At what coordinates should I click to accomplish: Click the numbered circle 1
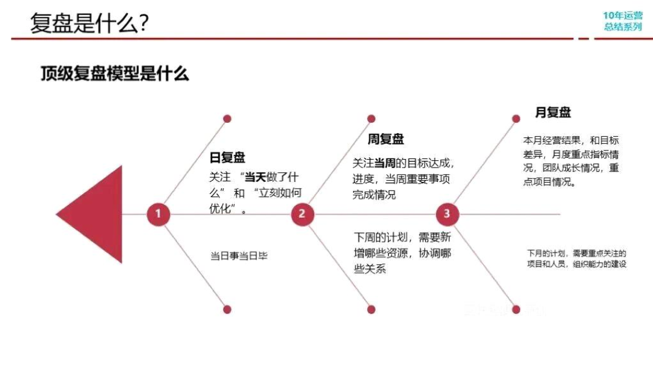click(158, 214)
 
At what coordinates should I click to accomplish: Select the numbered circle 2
click(302, 214)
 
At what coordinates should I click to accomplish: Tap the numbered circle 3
click(447, 214)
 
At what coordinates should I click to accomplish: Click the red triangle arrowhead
click(97, 214)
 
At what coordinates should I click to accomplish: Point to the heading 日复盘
click(227, 158)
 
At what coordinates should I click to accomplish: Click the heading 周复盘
click(386, 140)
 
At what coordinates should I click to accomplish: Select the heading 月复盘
click(553, 112)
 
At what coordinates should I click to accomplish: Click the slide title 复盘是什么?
click(90, 24)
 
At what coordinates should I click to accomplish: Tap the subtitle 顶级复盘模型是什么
click(114, 74)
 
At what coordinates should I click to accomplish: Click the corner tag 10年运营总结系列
click(622, 21)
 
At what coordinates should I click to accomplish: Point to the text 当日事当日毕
click(239, 256)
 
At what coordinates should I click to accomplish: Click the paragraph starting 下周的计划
click(402, 253)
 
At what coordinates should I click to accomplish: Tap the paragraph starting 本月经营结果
click(571, 161)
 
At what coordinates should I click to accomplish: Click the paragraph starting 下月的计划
click(576, 258)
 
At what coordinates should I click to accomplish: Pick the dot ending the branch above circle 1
click(227, 119)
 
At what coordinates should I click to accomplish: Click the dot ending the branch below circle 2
click(371, 309)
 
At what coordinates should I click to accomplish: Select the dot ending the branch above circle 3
click(516, 119)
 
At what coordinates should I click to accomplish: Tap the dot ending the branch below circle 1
click(227, 309)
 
